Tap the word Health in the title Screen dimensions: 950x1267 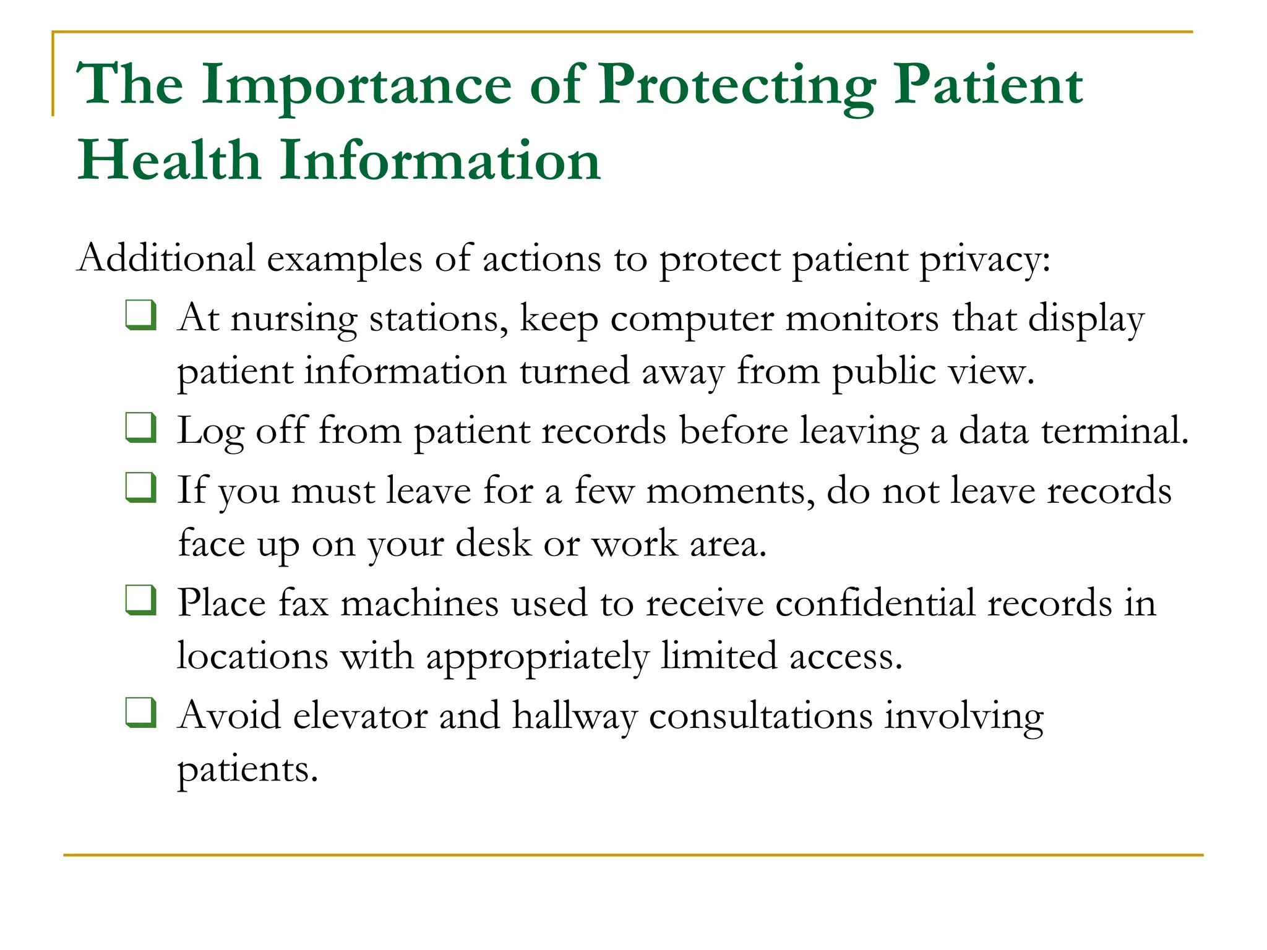click(168, 161)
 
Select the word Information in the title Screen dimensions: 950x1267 click(440, 161)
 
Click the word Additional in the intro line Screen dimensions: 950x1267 click(166, 258)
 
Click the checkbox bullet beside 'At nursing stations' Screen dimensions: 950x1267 click(140, 315)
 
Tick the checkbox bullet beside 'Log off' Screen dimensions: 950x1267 click(140, 427)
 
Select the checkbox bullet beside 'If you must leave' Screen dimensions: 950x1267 click(140, 487)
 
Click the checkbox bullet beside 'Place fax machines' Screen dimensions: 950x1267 click(140, 600)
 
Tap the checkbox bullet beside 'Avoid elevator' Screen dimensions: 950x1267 click(140, 712)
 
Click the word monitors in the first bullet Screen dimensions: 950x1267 click(862, 319)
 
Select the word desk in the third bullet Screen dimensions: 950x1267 click(493, 544)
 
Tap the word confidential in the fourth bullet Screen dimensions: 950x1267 click(875, 604)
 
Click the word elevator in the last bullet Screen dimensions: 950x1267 click(360, 716)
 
